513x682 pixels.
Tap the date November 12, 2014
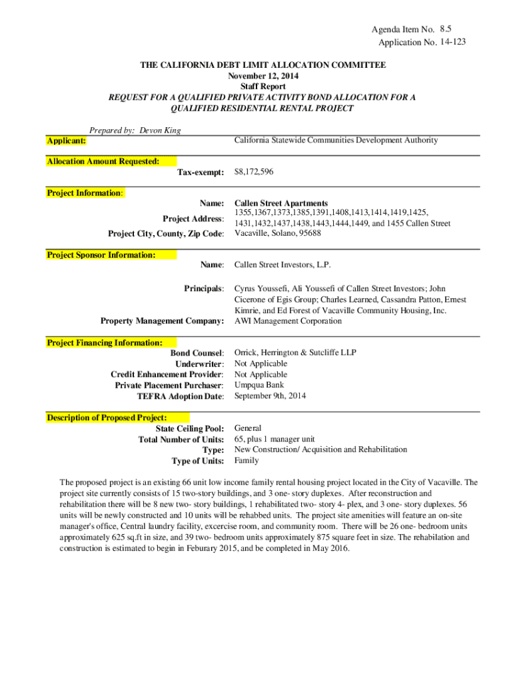[262, 76]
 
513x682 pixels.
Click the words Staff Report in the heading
[262, 87]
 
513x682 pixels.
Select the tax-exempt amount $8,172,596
[254, 172]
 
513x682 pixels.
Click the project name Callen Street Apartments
[280, 203]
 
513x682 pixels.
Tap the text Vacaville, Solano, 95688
[277, 233]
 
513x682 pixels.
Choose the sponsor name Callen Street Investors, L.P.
[282, 265]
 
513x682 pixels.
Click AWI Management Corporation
[288, 321]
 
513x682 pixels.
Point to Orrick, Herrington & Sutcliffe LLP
[296, 353]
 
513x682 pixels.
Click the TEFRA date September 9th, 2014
[270, 396]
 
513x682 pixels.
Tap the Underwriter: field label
[199, 364]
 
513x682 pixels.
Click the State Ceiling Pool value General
[248, 428]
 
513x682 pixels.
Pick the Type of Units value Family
[247, 460]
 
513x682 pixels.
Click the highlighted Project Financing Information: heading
[105, 342]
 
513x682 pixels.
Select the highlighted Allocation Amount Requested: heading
[103, 161]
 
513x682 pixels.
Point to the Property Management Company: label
[162, 321]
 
